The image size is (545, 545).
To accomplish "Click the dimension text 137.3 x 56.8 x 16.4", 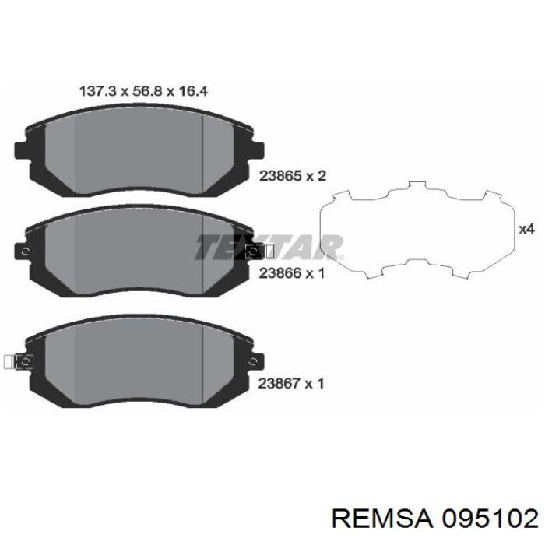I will click(144, 91).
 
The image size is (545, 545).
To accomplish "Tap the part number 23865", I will click(278, 177).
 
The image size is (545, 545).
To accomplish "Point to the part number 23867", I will click(278, 382).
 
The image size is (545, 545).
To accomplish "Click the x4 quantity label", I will click(526, 229).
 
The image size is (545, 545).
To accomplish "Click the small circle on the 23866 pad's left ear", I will click(26, 251).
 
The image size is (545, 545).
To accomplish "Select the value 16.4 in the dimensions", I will click(194, 91).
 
